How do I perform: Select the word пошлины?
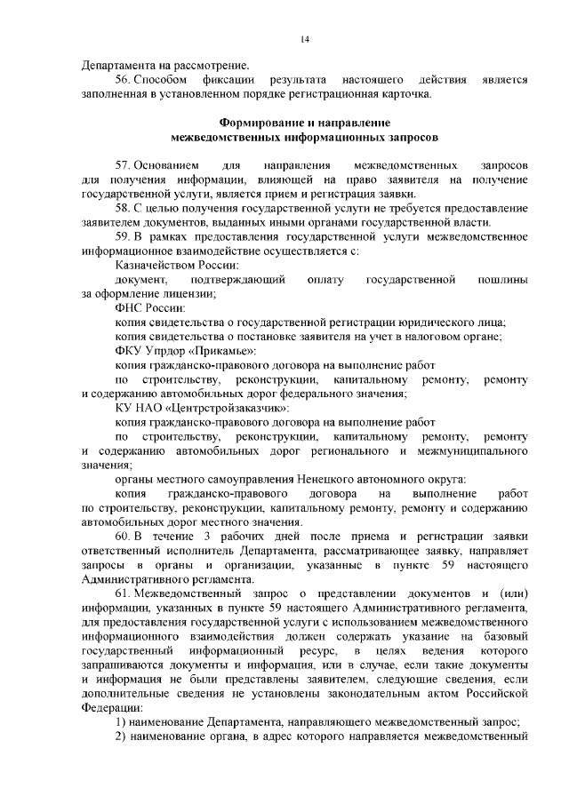[x=502, y=280]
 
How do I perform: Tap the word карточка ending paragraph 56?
[x=405, y=94]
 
